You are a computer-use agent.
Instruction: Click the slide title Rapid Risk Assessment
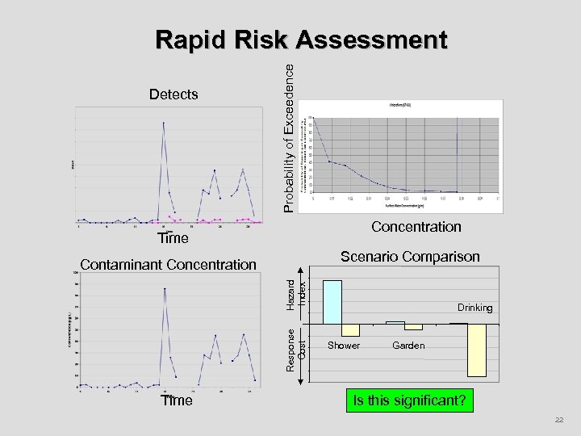(301, 40)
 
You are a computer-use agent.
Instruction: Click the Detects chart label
(173, 94)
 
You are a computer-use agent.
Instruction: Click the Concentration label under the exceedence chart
(416, 227)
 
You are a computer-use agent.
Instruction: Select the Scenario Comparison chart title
(410, 257)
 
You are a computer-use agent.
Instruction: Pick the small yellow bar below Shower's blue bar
(350, 329)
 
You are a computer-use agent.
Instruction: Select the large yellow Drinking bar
(477, 350)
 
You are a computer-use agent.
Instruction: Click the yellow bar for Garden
(413, 326)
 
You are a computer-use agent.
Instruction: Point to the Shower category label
(344, 346)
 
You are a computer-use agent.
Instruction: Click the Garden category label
(408, 346)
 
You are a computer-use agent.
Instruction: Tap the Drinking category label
(474, 308)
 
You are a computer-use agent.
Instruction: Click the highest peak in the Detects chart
(164, 123)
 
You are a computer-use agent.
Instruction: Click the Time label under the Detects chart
(173, 238)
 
